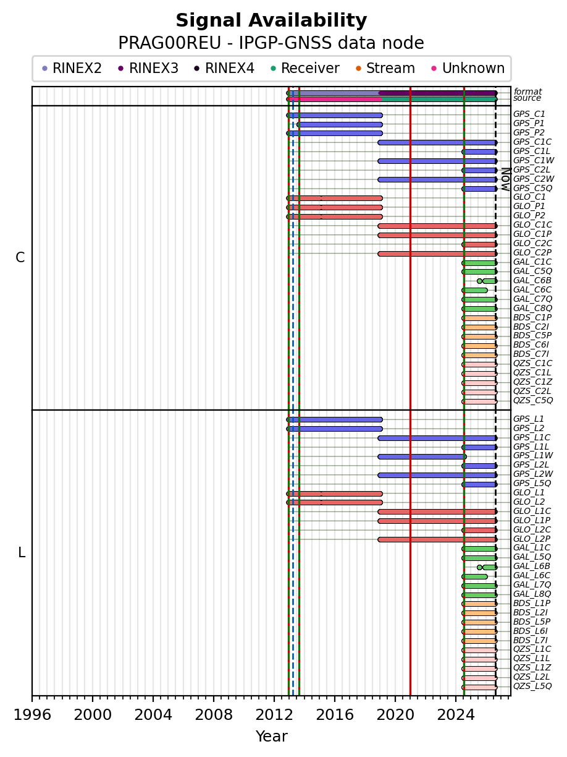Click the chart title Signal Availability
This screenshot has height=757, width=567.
coord(271,20)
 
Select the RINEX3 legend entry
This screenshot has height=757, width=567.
coord(148,68)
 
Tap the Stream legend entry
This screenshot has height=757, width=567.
coord(385,68)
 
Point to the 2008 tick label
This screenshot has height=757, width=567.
coord(214,715)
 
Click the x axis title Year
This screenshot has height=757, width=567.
coord(271,737)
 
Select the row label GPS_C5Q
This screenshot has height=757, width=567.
coord(532,188)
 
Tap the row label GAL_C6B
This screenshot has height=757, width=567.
coord(532,280)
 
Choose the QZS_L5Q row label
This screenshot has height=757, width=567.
coord(532,686)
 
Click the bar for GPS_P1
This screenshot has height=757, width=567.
coord(340,124)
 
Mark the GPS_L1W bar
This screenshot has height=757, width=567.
coord(422,456)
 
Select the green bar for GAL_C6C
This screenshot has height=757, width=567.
coord(475,291)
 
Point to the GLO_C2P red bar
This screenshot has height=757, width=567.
coord(437,254)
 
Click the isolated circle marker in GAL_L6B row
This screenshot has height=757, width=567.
coord(479,567)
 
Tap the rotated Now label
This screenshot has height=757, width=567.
coord(506,179)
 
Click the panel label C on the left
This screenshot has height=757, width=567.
coord(20,258)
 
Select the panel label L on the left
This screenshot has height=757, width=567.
coord(22,552)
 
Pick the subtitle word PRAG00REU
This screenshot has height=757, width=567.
coord(169,43)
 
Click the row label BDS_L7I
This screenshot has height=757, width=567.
coord(531,641)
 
